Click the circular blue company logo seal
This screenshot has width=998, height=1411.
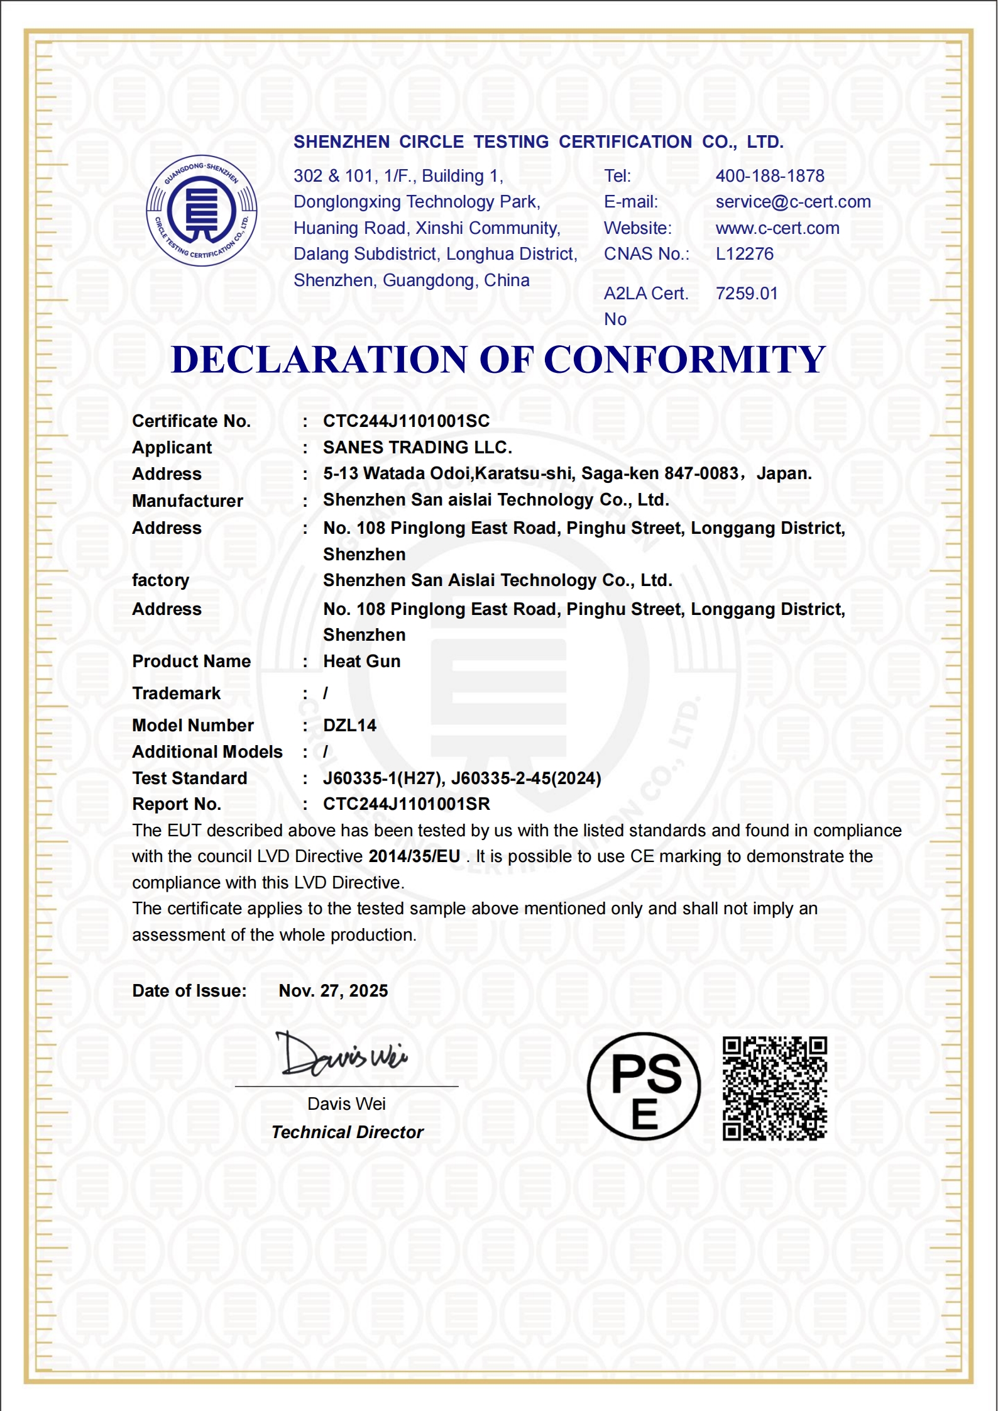(x=201, y=211)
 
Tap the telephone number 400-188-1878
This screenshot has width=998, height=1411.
(x=770, y=176)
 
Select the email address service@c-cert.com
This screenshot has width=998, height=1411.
(x=793, y=202)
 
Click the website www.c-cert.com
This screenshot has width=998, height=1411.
(x=777, y=228)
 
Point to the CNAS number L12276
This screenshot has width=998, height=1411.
(x=745, y=254)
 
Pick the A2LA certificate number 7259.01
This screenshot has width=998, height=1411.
(x=747, y=294)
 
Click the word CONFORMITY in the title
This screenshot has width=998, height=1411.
(x=684, y=360)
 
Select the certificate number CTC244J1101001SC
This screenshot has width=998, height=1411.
(x=406, y=421)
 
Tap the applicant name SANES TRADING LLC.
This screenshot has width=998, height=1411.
(x=417, y=448)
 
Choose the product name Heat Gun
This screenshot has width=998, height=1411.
(x=361, y=661)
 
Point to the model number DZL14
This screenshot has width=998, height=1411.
(x=349, y=726)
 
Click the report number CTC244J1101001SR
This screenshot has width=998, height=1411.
(x=406, y=804)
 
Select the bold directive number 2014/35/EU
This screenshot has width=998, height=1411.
(x=414, y=856)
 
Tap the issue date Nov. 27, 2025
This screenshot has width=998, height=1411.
(x=333, y=991)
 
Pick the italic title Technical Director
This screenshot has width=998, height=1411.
(x=348, y=1132)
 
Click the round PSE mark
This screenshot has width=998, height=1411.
(x=644, y=1087)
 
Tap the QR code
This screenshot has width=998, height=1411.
(x=774, y=1088)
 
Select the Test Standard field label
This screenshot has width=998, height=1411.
(x=189, y=778)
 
